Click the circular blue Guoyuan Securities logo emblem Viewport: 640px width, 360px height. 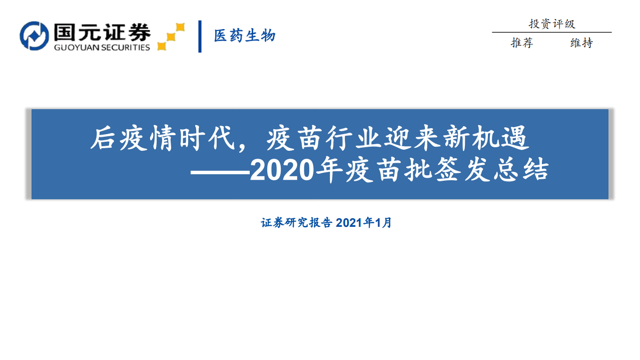(34, 36)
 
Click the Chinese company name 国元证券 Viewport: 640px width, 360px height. (102, 32)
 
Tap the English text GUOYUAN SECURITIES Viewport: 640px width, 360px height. (102, 48)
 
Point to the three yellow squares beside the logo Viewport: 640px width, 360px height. (171, 37)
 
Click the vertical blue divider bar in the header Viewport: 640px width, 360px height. (200, 36)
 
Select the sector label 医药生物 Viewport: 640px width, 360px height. (245, 36)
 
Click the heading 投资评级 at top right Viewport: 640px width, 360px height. (552, 24)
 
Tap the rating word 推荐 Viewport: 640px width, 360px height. (522, 43)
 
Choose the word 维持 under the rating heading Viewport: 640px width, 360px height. (581, 43)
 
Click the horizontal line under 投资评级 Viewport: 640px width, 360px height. (551, 33)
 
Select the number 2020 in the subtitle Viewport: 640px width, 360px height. (282, 171)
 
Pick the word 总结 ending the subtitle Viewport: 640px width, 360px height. (533, 171)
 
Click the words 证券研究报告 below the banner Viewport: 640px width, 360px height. (296, 223)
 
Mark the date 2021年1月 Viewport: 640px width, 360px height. (364, 223)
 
